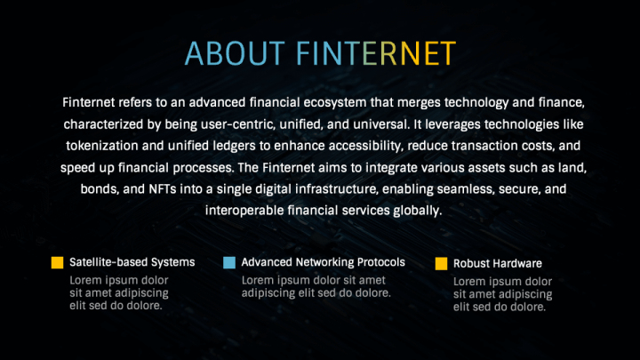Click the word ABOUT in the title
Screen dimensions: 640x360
tap(235, 53)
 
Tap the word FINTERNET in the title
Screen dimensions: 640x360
tap(376, 53)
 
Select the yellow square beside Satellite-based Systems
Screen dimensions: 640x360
tap(57, 262)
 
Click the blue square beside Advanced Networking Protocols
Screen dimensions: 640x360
tap(229, 262)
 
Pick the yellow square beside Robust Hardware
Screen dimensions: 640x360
tap(441, 264)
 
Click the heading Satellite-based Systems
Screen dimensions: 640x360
tap(132, 262)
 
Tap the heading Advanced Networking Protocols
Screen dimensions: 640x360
tap(324, 262)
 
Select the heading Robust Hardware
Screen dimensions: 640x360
tap(498, 264)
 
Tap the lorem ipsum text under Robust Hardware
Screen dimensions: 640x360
tap(503, 294)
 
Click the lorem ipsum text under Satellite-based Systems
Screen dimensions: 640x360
tap(119, 293)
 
